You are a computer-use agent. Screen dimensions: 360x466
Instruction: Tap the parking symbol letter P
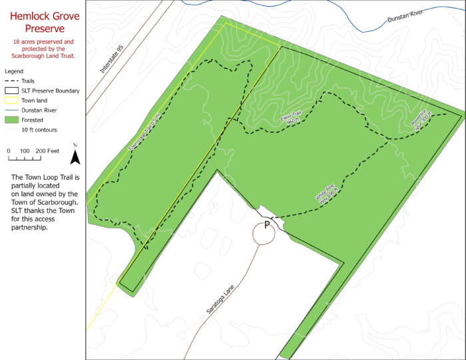[x=267, y=225]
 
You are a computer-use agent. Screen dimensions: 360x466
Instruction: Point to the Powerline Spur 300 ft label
[x=422, y=120]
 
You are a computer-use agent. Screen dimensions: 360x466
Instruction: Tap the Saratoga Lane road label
[x=221, y=300]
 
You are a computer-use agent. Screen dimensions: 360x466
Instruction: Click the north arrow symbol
[x=75, y=155]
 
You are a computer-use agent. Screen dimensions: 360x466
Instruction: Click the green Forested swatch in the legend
[x=11, y=120]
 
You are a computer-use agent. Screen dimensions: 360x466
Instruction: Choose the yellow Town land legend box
[x=11, y=100]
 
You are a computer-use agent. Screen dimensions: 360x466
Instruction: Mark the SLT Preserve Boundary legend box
[x=11, y=90]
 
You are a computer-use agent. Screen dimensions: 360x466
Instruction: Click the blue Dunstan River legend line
[x=11, y=110]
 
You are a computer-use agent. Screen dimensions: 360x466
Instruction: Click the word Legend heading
[x=14, y=71]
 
